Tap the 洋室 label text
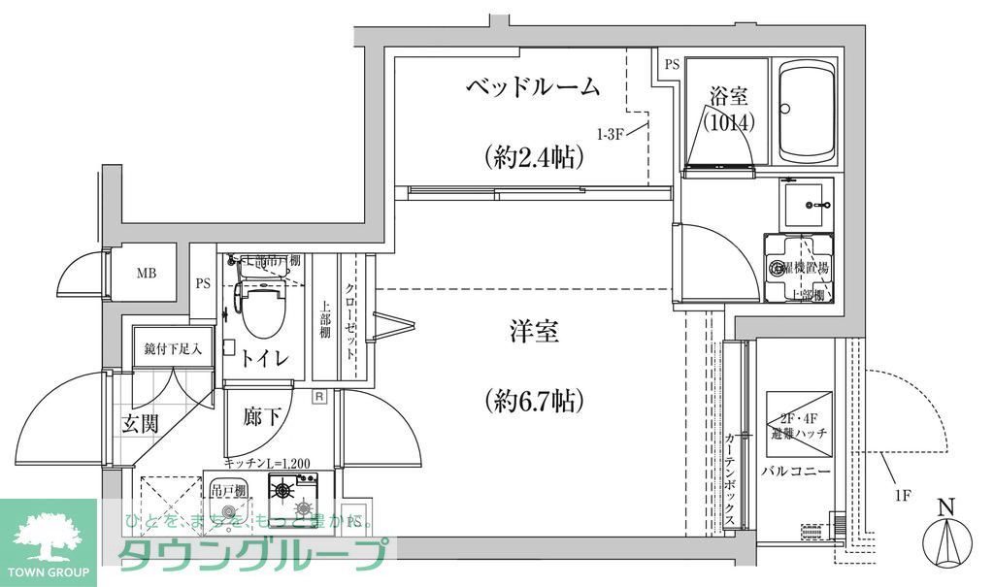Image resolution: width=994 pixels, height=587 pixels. click(534, 333)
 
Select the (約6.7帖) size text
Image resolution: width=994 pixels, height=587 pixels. click(534, 398)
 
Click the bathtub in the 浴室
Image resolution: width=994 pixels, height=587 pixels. click(807, 113)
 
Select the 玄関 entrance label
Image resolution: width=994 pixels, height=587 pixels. click(141, 423)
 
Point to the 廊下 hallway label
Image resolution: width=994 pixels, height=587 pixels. click(262, 418)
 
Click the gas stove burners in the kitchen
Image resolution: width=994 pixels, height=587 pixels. click(293, 497)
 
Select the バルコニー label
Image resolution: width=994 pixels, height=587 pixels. click(795, 471)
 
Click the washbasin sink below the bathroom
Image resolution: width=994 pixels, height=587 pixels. click(807, 205)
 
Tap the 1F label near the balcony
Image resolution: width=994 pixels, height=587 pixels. click(902, 496)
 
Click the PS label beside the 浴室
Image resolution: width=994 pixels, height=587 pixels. click(672, 66)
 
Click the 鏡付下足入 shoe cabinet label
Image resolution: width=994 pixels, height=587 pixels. click(173, 347)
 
